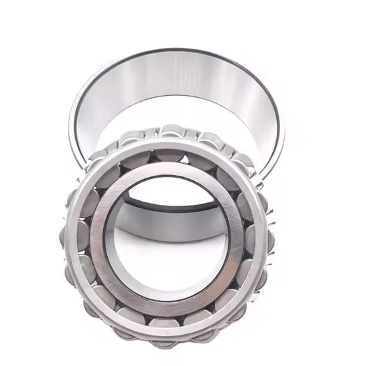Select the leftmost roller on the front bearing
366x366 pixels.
(x=72, y=233)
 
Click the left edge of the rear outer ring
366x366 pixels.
(x=73, y=126)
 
